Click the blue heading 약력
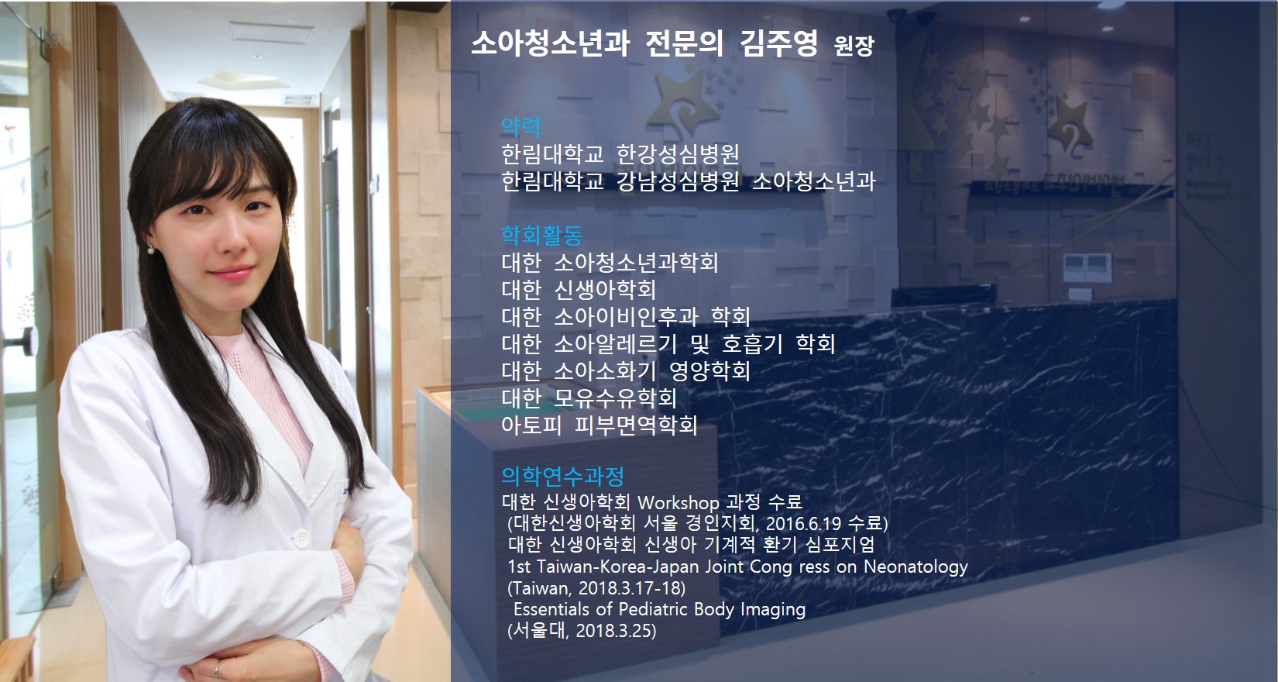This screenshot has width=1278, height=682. pyautogui.click(x=520, y=126)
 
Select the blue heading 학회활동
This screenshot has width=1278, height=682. pyautogui.click(x=542, y=235)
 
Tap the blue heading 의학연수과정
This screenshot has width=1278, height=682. pyautogui.click(x=562, y=475)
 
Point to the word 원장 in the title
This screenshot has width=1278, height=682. pyautogui.click(x=854, y=46)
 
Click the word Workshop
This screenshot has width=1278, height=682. pyautogui.click(x=679, y=503)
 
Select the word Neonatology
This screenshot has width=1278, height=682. pyautogui.click(x=916, y=567)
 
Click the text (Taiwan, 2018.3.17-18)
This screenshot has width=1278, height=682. pyautogui.click(x=596, y=588)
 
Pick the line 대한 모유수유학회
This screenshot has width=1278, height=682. pyautogui.click(x=589, y=398)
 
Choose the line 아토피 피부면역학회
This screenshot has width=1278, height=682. pyautogui.click(x=599, y=425)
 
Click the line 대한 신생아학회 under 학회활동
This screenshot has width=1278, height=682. pyautogui.click(x=579, y=289)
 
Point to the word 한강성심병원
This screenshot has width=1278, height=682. pyautogui.click(x=678, y=153)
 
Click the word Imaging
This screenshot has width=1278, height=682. pyautogui.click(x=773, y=609)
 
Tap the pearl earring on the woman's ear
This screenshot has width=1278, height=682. pyautogui.click(x=151, y=250)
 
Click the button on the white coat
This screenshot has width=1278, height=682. pyautogui.click(x=301, y=538)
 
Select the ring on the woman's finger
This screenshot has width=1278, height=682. pyautogui.click(x=218, y=669)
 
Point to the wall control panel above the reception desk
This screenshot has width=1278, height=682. pyautogui.click(x=1087, y=267)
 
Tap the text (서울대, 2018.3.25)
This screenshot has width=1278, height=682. pyautogui.click(x=582, y=631)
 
